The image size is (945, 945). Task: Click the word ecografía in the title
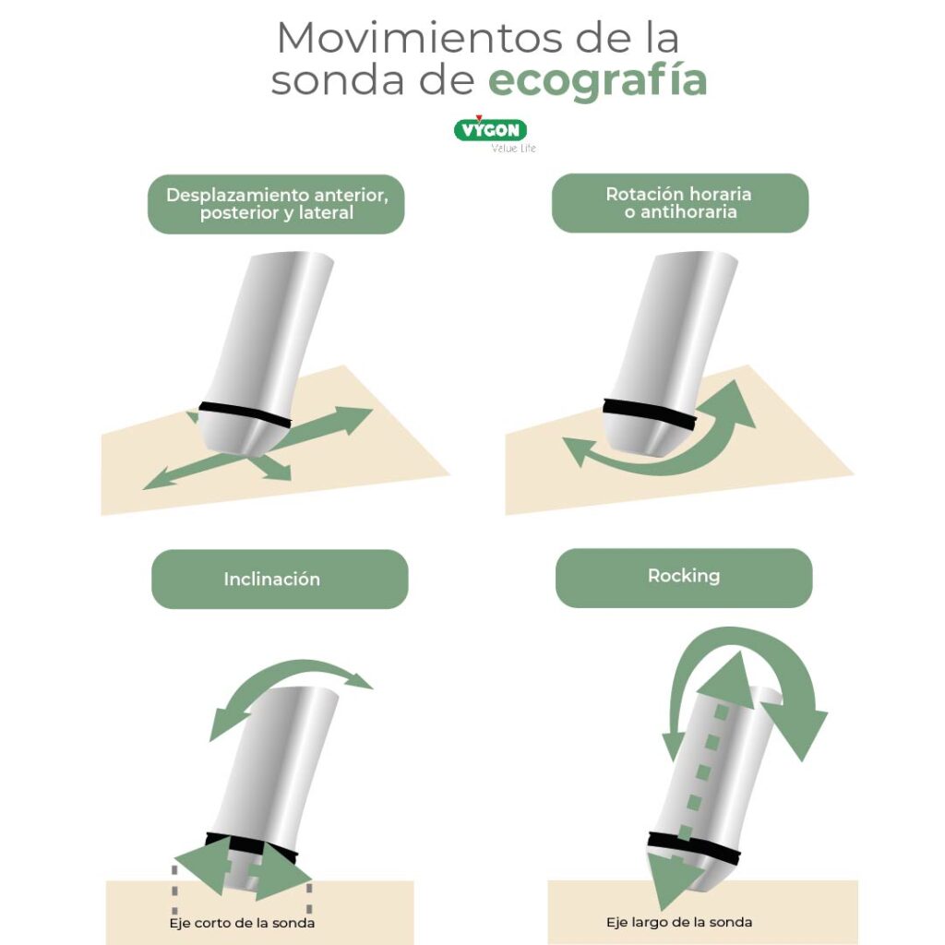click(x=597, y=80)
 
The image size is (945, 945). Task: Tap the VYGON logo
click(x=490, y=129)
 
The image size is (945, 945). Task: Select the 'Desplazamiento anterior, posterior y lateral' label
click(x=276, y=204)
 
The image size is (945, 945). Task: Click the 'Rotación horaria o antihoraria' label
click(x=679, y=202)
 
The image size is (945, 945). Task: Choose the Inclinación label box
click(x=279, y=580)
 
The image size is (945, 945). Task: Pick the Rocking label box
click(x=683, y=576)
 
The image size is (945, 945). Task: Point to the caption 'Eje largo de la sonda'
click(x=678, y=922)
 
